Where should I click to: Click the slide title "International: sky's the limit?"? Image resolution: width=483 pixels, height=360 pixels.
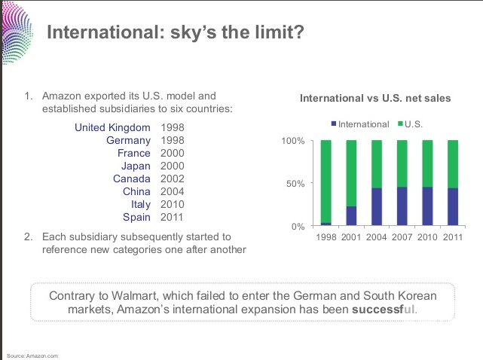coord(176,33)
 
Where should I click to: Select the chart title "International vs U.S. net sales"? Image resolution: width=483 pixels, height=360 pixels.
coord(374,98)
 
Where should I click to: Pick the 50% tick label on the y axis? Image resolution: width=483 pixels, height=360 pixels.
coord(294,183)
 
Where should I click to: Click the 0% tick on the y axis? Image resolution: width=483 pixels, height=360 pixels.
coord(297,226)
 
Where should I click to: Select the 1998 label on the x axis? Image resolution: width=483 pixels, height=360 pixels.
coord(326,237)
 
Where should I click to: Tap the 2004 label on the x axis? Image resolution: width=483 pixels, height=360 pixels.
coord(377,237)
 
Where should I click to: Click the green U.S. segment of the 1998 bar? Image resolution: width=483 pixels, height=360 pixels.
coord(326,181)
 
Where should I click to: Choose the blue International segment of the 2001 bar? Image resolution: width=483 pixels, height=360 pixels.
coord(352,216)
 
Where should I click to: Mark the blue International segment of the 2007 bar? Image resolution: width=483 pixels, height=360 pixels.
coord(402,206)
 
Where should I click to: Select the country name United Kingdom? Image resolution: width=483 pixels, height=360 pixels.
coord(112,127)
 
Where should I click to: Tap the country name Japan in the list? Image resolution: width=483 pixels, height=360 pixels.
coord(136,166)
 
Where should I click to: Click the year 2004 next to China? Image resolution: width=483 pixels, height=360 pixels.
coord(173,191)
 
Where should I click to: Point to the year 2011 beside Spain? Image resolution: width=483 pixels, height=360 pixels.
coord(173,217)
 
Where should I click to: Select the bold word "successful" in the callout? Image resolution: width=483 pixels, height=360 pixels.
coord(384,310)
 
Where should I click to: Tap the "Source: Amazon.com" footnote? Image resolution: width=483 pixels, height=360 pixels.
coord(32,355)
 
